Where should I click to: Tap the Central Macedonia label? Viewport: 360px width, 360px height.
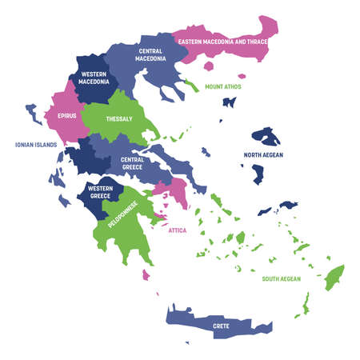[150, 54]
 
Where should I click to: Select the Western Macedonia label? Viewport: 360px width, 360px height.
[94, 78]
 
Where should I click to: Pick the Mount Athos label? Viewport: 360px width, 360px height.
[223, 86]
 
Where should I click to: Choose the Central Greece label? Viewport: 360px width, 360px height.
[132, 163]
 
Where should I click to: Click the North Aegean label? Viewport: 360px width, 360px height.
[263, 154]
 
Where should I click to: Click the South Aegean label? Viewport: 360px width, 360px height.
[281, 279]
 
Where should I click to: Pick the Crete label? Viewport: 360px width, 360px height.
[222, 326]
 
